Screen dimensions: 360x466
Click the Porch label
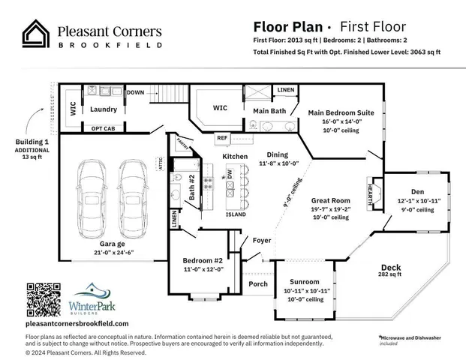258,283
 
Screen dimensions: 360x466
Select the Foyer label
261,241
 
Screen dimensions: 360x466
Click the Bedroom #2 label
200,261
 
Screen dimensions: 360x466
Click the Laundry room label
103,109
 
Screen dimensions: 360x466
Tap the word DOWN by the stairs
135,92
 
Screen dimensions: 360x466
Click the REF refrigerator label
222,138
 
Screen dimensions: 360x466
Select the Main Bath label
268,111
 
